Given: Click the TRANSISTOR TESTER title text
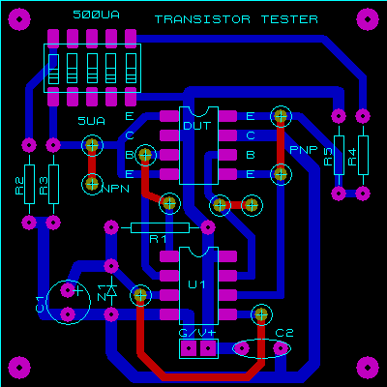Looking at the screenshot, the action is tap(236, 19).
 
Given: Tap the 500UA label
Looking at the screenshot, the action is tap(96, 15).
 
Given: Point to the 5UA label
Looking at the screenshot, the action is tap(92, 121).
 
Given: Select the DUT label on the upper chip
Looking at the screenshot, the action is tap(197, 126).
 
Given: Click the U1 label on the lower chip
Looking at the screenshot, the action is tap(196, 284).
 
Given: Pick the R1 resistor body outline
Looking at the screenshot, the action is tap(160, 227).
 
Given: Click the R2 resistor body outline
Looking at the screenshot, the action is tap(29, 184).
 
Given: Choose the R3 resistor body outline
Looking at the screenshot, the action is tap(53, 184).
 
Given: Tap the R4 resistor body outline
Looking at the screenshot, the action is tap(363, 155).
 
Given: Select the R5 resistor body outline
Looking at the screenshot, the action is tap(339, 155).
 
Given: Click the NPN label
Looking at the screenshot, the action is tap(115, 189).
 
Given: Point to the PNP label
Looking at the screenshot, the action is tap(304, 150).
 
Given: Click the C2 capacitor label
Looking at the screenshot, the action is tap(284, 333).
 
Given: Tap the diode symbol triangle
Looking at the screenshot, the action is tap(111, 291).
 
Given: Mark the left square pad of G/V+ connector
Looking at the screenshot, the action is tap(189, 348).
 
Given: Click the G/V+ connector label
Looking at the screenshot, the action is tap(197, 333).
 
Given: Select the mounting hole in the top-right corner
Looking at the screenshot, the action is tap(368, 19).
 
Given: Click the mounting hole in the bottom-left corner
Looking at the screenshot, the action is tap(19, 368).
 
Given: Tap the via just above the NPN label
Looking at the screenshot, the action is tap(92, 184).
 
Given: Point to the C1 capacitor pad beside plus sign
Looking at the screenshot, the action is tap(68, 290).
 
